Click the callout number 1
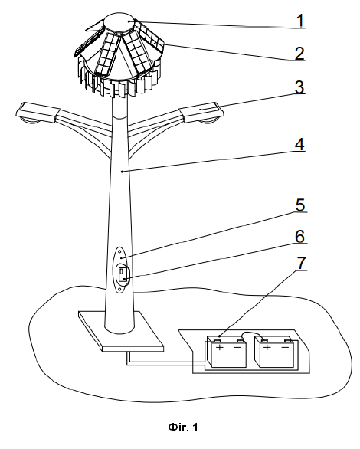(300, 21)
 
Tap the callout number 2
(299, 54)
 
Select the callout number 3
(299, 87)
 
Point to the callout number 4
(299, 144)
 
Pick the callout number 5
(300, 205)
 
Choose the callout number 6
(300, 237)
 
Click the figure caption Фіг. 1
(183, 428)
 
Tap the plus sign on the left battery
(220, 348)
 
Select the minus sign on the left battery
(237, 348)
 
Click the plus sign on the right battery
(267, 348)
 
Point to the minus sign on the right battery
(285, 347)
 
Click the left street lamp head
(38, 113)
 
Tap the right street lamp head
(201, 113)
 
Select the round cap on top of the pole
(120, 22)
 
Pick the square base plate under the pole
(121, 331)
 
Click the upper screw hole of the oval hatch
(119, 252)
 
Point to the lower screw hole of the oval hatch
(119, 289)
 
